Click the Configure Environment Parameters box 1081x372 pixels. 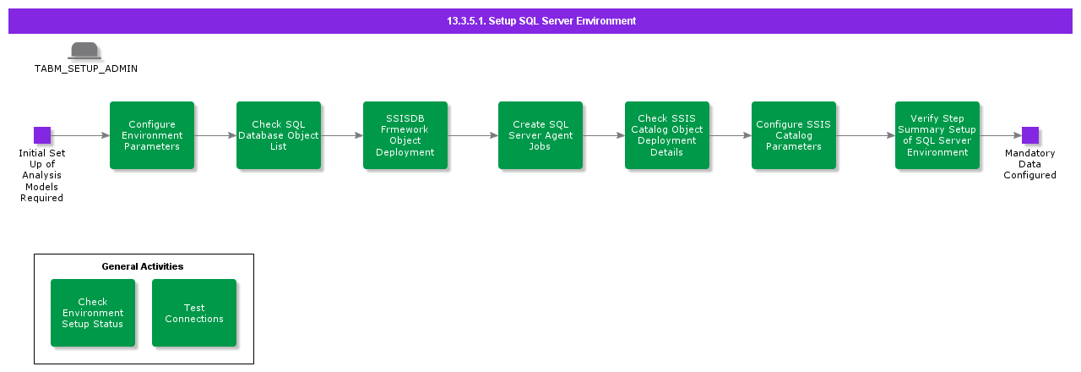tap(152, 135)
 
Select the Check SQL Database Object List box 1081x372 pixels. tap(279, 135)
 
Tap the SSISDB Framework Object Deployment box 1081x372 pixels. tap(405, 135)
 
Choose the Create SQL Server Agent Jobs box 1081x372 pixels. tap(540, 135)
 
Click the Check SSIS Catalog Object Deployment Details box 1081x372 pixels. tap(667, 135)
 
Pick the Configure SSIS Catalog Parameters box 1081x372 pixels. tap(794, 135)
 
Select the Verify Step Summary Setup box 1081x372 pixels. tap(937, 135)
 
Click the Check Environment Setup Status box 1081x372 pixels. tap(93, 313)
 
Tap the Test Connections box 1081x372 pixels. tap(194, 313)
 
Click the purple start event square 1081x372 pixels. tap(42, 135)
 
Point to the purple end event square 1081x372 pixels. tap(1030, 135)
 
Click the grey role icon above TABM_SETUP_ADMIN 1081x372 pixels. tap(84, 51)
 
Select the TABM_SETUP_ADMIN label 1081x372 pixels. tap(85, 68)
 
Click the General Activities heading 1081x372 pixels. tap(143, 266)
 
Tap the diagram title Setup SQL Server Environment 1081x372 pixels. tap(541, 21)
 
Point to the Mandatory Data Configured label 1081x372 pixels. tap(1029, 164)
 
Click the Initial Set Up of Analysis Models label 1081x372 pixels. tap(42, 175)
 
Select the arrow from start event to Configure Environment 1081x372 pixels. tap(80, 135)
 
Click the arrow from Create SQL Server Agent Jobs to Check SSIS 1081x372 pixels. tap(604, 135)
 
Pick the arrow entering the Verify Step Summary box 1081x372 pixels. tap(866, 135)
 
